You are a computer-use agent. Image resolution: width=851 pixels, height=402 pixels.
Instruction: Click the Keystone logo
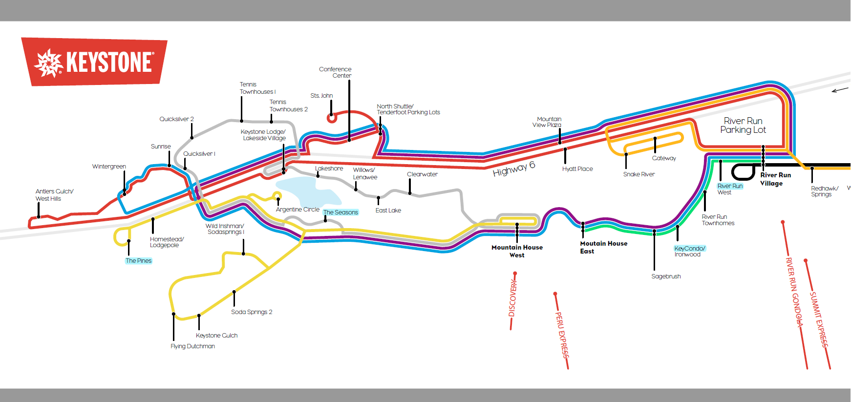click(x=94, y=62)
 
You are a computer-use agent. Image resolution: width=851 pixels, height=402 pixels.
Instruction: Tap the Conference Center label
click(x=335, y=72)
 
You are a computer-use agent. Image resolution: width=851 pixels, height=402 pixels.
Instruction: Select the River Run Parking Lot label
click(x=743, y=125)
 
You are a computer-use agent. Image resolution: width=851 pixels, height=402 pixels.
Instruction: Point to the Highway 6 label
click(x=513, y=169)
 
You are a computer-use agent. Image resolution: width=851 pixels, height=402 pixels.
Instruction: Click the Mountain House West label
click(x=517, y=251)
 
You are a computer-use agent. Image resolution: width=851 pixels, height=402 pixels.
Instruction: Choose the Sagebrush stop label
click(x=666, y=276)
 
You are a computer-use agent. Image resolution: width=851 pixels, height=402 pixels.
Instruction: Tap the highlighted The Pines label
click(x=139, y=261)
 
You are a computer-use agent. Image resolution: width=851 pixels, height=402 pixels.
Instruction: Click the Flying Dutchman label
click(x=192, y=346)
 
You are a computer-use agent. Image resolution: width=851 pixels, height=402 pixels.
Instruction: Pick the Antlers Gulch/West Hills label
click(x=54, y=195)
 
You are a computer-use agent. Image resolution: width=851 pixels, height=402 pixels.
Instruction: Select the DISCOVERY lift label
click(x=512, y=299)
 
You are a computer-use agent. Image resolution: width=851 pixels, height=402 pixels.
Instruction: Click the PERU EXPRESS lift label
click(x=562, y=334)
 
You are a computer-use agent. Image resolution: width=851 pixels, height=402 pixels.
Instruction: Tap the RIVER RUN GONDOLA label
click(x=794, y=292)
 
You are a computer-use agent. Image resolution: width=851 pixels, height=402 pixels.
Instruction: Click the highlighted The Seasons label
click(x=340, y=212)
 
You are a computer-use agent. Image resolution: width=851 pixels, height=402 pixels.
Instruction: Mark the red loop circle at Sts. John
click(x=332, y=118)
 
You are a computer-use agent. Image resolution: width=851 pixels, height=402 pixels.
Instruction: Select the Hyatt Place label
click(x=577, y=169)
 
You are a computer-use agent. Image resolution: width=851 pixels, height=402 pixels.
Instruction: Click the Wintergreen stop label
click(x=109, y=167)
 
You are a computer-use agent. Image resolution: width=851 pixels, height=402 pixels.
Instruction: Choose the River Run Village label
click(x=775, y=179)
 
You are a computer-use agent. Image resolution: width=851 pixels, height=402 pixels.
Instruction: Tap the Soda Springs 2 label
click(x=252, y=312)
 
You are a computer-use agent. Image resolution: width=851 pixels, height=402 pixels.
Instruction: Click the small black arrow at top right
click(x=840, y=90)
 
